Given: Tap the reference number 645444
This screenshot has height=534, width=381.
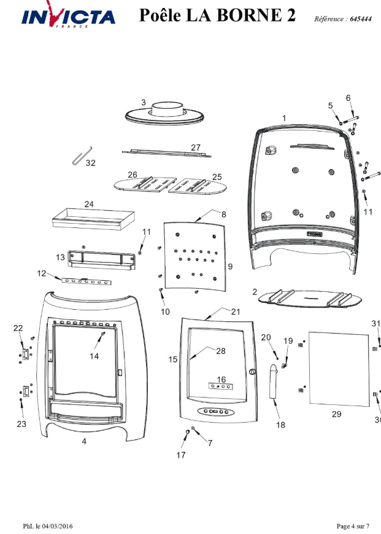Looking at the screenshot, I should pyautogui.click(x=360, y=20).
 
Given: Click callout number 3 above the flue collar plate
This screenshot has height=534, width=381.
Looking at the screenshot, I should pyautogui.click(x=143, y=103).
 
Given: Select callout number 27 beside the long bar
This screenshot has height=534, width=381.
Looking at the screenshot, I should pyautogui.click(x=196, y=147).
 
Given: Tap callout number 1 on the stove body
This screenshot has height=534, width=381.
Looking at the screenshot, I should pyautogui.click(x=284, y=117).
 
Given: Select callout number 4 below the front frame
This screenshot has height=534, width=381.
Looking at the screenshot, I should pyautogui.click(x=84, y=441).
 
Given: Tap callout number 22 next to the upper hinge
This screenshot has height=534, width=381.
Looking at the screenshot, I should pyautogui.click(x=18, y=328).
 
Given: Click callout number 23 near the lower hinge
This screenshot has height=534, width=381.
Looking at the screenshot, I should pyautogui.click(x=21, y=424).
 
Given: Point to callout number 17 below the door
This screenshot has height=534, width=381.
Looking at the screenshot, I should pyautogui.click(x=181, y=455).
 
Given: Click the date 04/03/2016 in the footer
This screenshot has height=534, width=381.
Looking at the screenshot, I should pyautogui.click(x=58, y=526).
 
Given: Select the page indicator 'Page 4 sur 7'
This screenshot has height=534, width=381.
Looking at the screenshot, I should pyautogui.click(x=353, y=526).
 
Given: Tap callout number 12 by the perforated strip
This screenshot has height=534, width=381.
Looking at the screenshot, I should pyautogui.click(x=42, y=272).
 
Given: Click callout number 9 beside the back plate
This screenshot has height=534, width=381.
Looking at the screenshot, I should pyautogui.click(x=230, y=266).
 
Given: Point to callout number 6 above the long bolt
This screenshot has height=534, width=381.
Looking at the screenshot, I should pyautogui.click(x=348, y=98).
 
